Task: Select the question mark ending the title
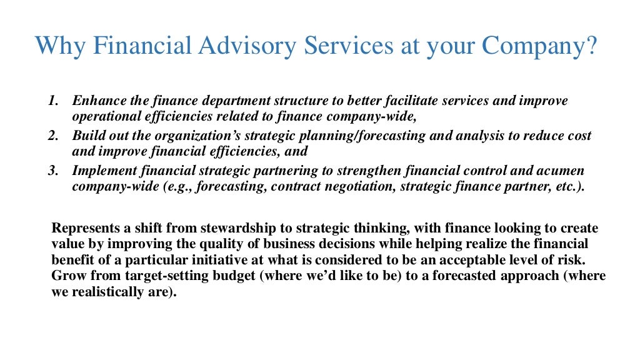591,45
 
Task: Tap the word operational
103,116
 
